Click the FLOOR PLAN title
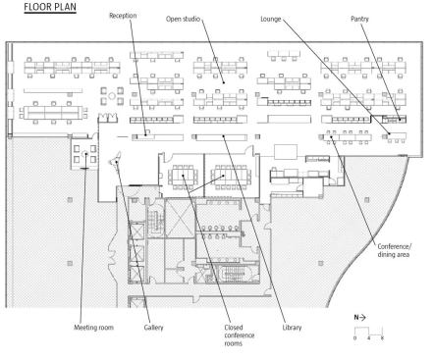click(50, 7)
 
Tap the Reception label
click(123, 16)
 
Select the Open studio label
click(183, 19)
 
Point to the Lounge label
click(271, 19)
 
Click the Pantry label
click(359, 19)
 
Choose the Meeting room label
click(93, 328)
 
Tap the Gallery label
click(153, 328)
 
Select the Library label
click(292, 328)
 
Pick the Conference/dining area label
click(395, 250)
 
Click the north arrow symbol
click(359, 317)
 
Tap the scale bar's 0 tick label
click(354, 338)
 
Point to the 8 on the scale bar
click(382, 338)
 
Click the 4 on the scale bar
click(368, 338)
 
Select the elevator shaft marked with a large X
click(180, 218)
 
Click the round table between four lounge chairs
click(112, 96)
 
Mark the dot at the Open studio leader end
click(224, 82)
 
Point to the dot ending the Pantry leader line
click(400, 120)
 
